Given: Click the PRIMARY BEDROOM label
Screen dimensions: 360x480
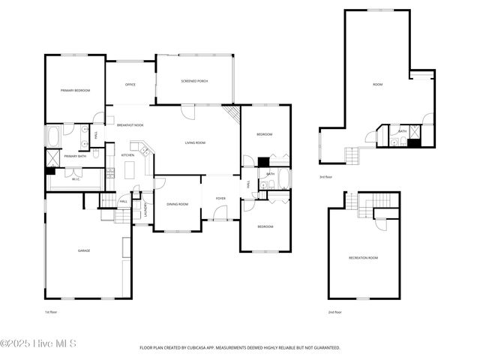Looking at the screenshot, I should click(75, 91).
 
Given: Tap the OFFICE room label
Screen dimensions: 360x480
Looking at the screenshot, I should click(130, 85).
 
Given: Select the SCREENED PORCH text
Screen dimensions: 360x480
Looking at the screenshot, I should click(194, 80).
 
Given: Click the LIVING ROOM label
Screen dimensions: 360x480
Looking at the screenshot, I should click(196, 142).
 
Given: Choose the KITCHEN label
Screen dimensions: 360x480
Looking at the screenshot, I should click(127, 155).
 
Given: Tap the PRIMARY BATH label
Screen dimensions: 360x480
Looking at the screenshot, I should click(75, 156).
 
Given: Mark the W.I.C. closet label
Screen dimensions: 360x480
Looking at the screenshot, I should click(76, 179).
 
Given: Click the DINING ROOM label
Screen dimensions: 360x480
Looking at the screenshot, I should click(177, 204).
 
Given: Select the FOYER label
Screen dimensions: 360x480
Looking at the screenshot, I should click(220, 199).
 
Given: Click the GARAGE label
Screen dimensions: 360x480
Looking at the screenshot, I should click(84, 250).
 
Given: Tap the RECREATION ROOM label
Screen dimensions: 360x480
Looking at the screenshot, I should click(363, 258).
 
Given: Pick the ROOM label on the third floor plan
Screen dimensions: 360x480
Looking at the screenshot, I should click(377, 85).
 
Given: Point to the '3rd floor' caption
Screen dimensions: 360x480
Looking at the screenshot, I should click(325, 177).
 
